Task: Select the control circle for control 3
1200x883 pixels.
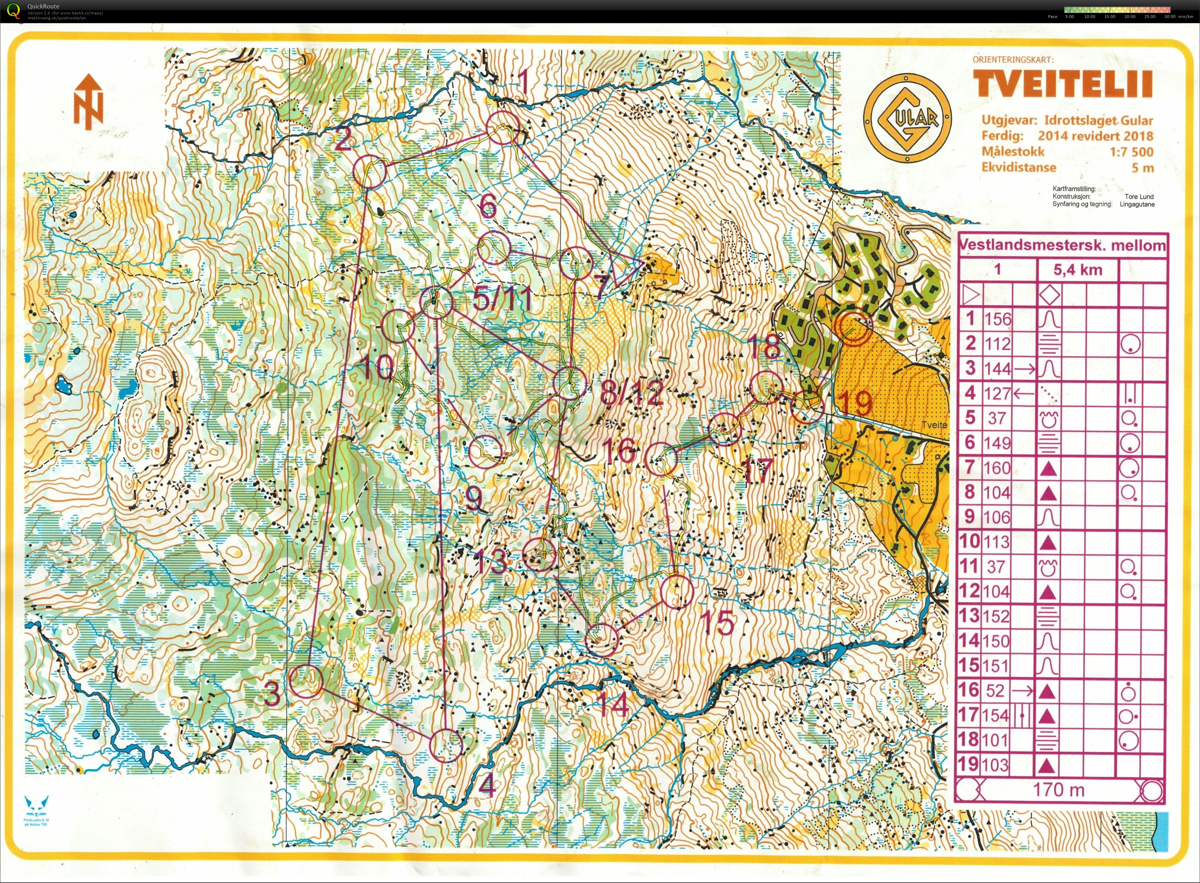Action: [307, 681]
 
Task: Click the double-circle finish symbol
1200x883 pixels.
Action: [853, 327]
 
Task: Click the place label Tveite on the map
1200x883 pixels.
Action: [933, 425]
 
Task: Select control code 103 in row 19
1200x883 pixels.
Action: [997, 764]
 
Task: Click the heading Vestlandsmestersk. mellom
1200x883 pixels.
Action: [1062, 246]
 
